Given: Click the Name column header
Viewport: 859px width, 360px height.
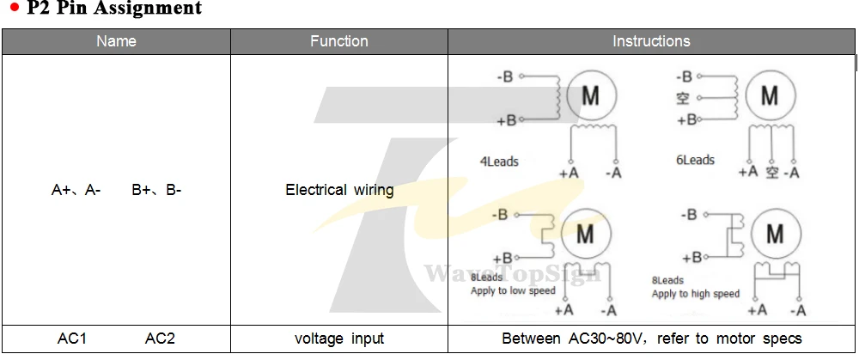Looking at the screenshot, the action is click(x=116, y=41).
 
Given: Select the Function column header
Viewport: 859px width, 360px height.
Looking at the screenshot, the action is click(x=339, y=41).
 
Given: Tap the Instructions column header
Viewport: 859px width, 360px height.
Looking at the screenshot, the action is click(x=651, y=41).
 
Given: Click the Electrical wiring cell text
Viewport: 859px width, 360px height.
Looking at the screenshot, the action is click(x=339, y=190).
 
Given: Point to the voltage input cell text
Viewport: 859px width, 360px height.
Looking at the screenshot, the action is click(x=339, y=338).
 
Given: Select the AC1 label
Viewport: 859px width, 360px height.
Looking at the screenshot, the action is click(x=72, y=339).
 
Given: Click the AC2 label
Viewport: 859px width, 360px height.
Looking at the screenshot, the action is click(x=160, y=339).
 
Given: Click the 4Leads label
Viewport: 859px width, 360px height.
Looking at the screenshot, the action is click(x=499, y=162).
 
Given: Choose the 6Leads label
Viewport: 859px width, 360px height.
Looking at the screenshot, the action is click(x=695, y=160).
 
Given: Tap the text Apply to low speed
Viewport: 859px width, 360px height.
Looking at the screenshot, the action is click(x=513, y=290).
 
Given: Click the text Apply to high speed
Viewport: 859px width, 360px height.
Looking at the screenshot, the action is click(x=695, y=294).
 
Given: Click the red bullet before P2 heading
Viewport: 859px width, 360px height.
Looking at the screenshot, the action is click(x=15, y=8).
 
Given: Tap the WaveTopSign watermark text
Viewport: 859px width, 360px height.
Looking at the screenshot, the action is click(x=513, y=272).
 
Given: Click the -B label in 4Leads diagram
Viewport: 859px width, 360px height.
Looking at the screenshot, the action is click(x=504, y=76).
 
